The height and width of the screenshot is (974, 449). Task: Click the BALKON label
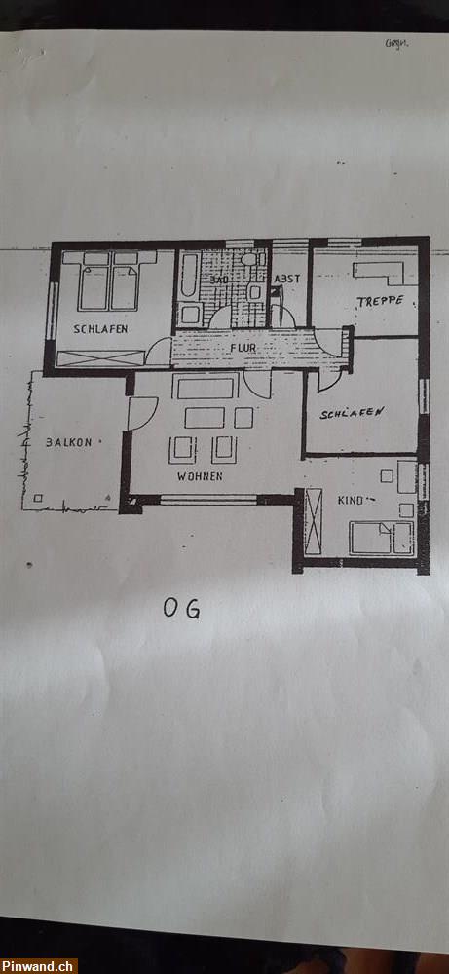67,442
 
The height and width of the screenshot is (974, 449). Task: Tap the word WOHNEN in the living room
200,476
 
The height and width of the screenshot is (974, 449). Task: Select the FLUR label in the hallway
243,347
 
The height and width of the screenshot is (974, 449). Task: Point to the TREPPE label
379,301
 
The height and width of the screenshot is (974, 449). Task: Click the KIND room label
350,500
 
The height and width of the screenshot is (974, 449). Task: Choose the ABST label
286,280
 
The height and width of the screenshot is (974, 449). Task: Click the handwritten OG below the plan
181,609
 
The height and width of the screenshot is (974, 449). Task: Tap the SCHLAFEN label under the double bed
99,329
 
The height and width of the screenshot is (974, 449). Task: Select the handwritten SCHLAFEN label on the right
352,413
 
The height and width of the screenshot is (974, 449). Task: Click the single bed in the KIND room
381,537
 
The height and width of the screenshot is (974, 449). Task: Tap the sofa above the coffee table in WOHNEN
205,388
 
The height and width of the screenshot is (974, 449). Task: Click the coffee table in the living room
205,418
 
